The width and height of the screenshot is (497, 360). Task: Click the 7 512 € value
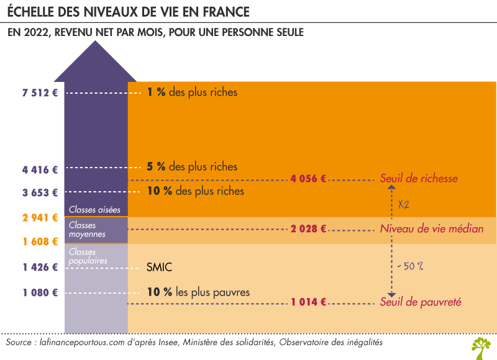[x=40, y=93]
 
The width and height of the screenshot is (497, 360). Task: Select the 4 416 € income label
[x=40, y=168]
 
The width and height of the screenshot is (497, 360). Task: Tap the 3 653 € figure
[x=40, y=192]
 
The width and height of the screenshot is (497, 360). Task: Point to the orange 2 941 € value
[x=40, y=217]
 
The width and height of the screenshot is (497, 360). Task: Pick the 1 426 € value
[x=40, y=268]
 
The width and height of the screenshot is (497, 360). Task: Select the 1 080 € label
[x=40, y=292]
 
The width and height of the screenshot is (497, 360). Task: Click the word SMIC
[x=159, y=268]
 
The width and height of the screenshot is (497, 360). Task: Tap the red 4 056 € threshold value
[x=308, y=179]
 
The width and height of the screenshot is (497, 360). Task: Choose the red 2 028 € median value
[x=308, y=229]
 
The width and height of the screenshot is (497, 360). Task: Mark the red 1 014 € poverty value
[x=308, y=302]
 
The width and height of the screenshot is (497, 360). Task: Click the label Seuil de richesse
[x=419, y=179]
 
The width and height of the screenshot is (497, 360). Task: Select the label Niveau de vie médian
[x=431, y=229]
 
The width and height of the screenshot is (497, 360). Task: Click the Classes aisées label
[x=94, y=210]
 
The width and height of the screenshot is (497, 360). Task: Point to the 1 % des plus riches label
[x=192, y=93]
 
